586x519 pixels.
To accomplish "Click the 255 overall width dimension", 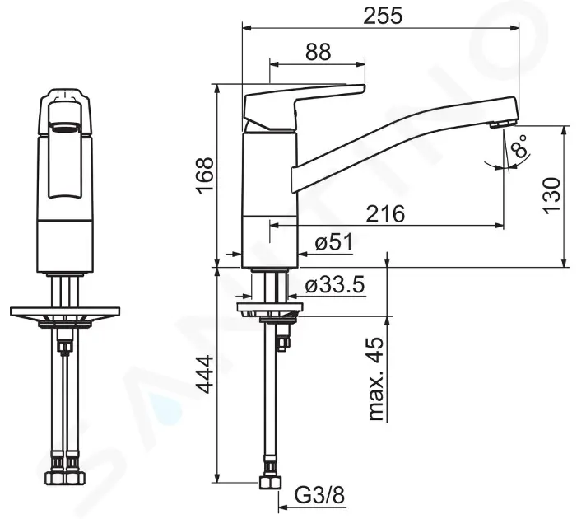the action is point(383,16).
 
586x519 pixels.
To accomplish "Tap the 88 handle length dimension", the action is point(318,52).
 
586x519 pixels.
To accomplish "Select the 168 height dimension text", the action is point(205,175).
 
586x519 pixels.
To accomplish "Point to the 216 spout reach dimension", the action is point(385,214).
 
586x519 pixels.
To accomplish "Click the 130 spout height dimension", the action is point(552,195).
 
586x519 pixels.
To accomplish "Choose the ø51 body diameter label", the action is point(333,242).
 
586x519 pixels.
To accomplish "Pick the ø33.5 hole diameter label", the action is point(334,286).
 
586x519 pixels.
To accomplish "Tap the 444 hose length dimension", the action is point(205,375).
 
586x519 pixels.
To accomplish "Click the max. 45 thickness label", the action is point(377,379).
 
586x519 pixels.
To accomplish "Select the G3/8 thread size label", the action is point(319,496).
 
